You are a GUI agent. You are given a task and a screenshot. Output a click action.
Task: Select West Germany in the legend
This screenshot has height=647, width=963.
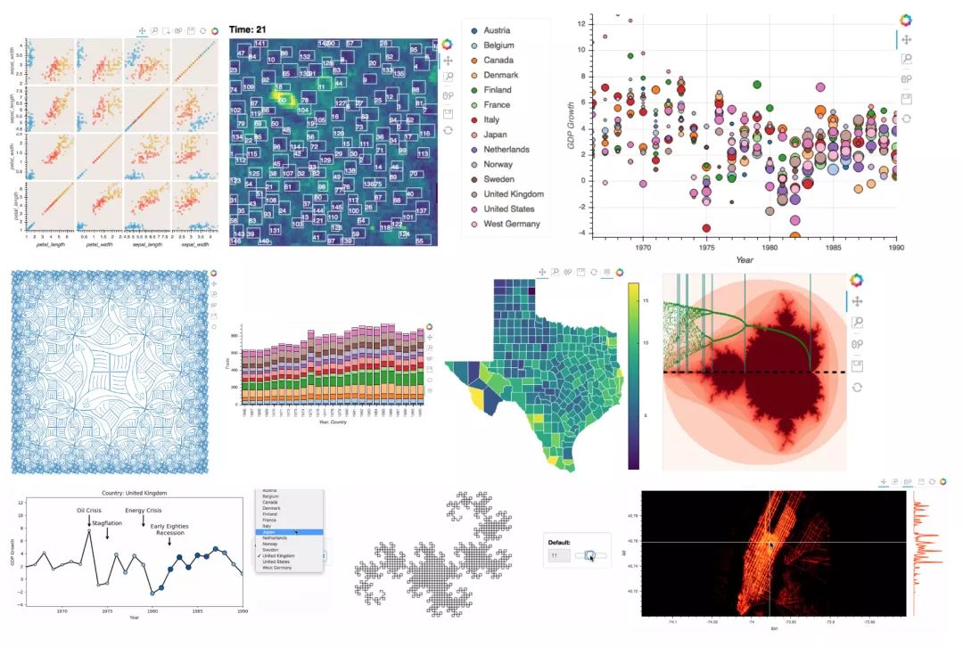click(x=511, y=224)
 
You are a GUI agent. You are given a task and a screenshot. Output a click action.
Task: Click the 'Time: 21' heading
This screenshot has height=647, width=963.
click(x=250, y=29)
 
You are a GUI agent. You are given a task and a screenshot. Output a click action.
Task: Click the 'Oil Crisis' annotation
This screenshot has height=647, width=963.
click(x=90, y=511)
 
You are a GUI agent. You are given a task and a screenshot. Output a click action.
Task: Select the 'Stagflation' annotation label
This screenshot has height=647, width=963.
click(x=105, y=523)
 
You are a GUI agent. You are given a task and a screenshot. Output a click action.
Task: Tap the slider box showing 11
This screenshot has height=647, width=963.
click(x=558, y=556)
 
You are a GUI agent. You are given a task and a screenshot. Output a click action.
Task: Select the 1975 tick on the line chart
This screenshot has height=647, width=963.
click(x=106, y=611)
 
